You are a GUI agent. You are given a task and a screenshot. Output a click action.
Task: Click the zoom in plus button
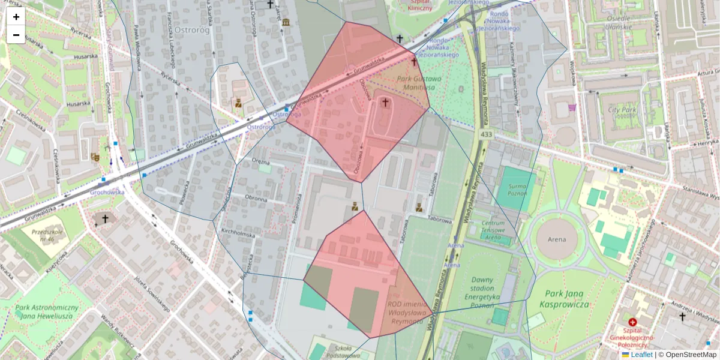(16, 17)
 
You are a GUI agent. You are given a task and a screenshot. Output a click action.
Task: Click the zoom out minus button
(16, 35)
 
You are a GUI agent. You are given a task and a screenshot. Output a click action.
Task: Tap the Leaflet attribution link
(641, 355)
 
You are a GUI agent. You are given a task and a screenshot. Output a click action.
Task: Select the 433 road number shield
(486, 135)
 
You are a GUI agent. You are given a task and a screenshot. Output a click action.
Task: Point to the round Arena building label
(557, 239)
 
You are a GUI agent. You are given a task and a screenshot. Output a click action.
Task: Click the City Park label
(621, 110)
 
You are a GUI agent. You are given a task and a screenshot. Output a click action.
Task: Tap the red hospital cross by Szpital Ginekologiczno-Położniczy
(632, 322)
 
